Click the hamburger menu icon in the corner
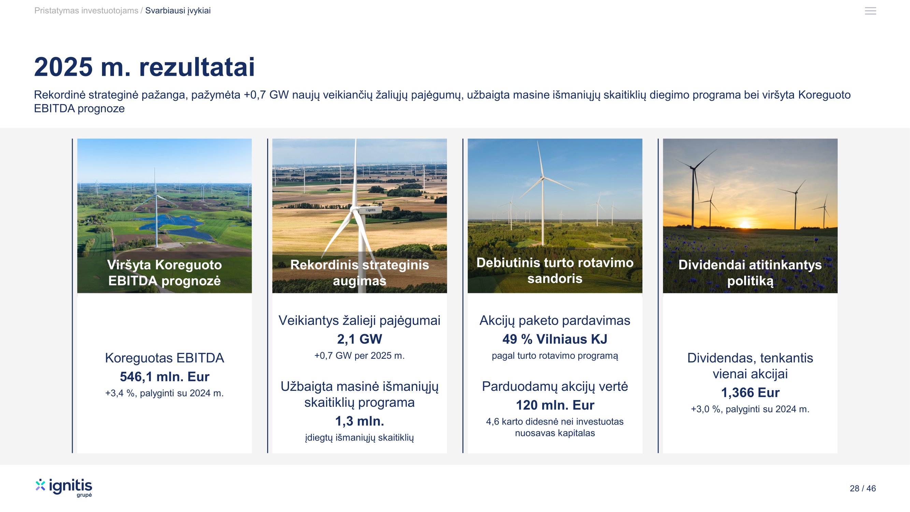(870, 11)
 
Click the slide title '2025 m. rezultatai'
(144, 67)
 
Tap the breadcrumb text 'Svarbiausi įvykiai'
(178, 11)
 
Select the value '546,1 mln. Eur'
(164, 377)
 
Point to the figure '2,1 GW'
(360, 339)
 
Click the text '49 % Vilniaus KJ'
(554, 339)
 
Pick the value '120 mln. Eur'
(555, 405)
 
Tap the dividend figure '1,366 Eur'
(750, 393)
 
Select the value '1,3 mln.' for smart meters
(360, 421)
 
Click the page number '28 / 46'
(863, 488)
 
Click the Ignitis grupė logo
(63, 488)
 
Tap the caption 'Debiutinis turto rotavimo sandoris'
(554, 271)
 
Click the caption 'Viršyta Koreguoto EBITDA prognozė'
(164, 273)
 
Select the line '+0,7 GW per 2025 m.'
(360, 355)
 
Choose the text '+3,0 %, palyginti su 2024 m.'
(750, 409)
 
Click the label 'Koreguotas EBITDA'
(164, 358)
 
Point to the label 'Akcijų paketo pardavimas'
(554, 321)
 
